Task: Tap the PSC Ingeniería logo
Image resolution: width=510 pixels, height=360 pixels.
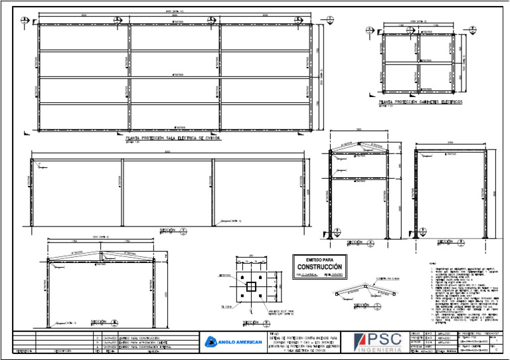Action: pos(377,342)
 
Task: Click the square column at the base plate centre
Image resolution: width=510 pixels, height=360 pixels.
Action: pos(252,286)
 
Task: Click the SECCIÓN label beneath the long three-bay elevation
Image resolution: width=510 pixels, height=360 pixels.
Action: pos(167,230)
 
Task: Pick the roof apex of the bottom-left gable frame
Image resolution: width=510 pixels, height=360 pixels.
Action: pos(101,252)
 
